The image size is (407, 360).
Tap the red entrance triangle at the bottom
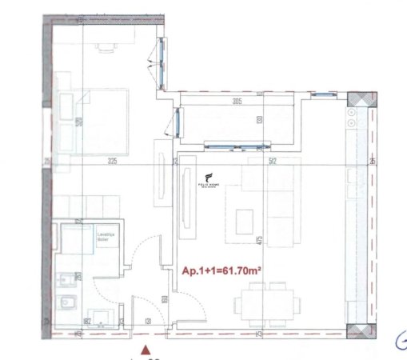[145, 349]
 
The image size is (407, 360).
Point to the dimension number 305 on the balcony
[237, 102]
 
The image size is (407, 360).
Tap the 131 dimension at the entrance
[150, 323]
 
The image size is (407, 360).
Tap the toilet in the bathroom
[68, 304]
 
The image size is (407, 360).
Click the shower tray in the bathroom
[78, 240]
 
